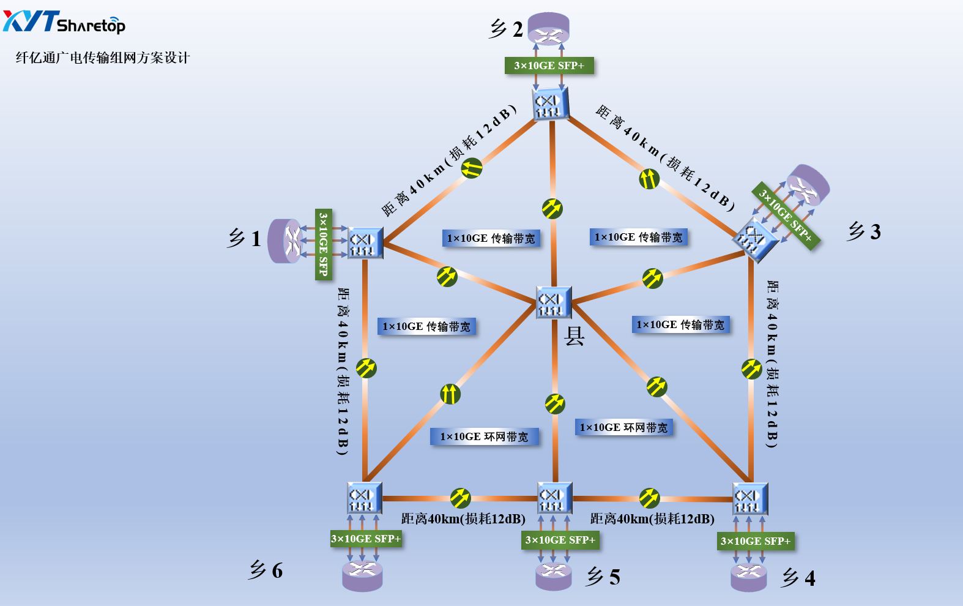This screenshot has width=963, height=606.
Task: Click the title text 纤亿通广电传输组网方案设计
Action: point(103,58)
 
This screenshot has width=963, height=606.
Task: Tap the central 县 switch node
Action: point(554,302)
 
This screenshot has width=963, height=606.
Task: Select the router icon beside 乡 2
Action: point(549,29)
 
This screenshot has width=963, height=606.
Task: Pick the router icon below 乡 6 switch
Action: point(362,575)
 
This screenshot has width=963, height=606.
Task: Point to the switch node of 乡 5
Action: point(555,498)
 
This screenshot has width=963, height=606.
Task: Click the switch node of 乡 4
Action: point(750,499)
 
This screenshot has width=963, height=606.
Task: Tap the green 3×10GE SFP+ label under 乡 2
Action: point(549,65)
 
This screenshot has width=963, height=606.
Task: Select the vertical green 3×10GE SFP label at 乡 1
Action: point(323,244)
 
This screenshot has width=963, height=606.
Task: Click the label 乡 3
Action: point(863,231)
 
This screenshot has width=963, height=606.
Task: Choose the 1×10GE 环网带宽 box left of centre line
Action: point(484,436)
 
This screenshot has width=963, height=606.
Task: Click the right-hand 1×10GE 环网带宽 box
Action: point(623,427)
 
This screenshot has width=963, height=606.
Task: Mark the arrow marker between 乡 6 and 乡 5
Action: point(460,498)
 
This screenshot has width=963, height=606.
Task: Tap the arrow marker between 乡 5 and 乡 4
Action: point(649,498)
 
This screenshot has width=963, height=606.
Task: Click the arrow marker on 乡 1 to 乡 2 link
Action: point(472,168)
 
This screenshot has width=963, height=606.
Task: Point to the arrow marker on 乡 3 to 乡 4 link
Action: point(751,368)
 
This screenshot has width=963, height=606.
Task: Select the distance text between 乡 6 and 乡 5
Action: point(463,519)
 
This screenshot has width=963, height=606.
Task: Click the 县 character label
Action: point(574,336)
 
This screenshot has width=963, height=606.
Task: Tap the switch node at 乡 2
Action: point(551,103)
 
